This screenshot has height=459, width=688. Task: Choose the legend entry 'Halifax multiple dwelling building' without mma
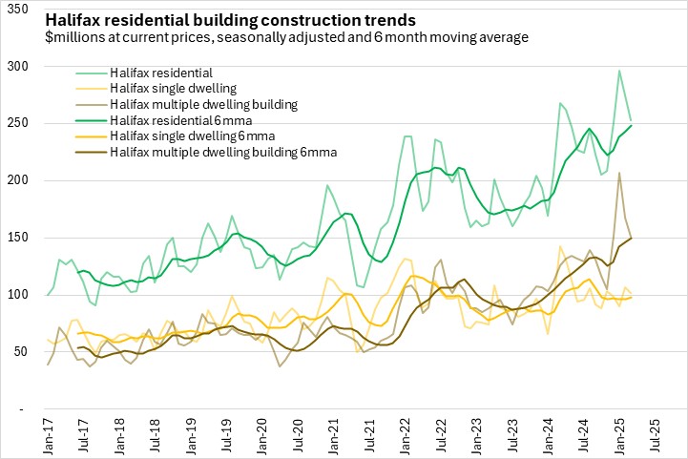coord(204,103)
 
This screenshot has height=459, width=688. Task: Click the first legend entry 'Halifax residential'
coord(161,72)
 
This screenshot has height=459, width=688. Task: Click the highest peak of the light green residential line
coord(619,70)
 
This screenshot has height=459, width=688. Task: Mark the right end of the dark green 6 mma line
coord(631,126)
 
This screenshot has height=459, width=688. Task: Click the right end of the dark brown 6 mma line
coord(631,239)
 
